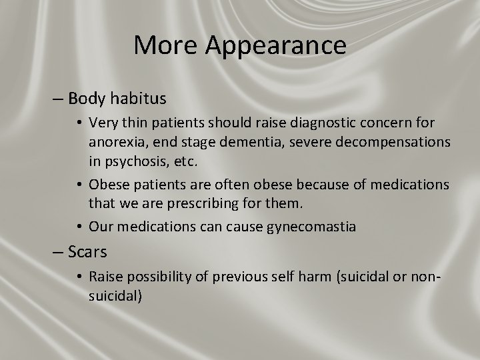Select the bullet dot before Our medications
point(79,227)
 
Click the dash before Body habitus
point(58,99)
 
